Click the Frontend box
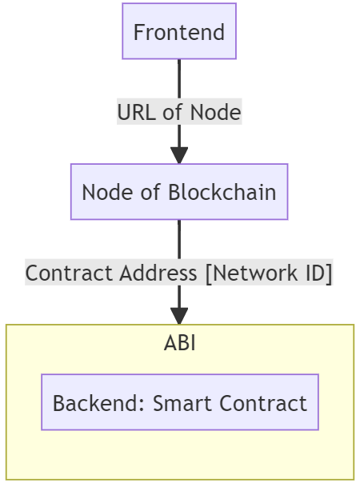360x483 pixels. (x=179, y=32)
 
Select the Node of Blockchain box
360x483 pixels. (x=179, y=192)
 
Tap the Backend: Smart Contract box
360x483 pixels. (x=179, y=402)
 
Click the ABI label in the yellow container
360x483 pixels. (x=179, y=343)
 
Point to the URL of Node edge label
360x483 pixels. (x=179, y=112)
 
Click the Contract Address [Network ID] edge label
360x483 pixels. (x=179, y=273)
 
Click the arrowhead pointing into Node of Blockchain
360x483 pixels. (x=179, y=155)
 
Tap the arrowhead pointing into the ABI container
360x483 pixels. (x=179, y=316)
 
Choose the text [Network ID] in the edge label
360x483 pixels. (x=269, y=273)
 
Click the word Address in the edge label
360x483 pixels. (x=159, y=273)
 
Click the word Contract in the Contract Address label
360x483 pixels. (x=70, y=273)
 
